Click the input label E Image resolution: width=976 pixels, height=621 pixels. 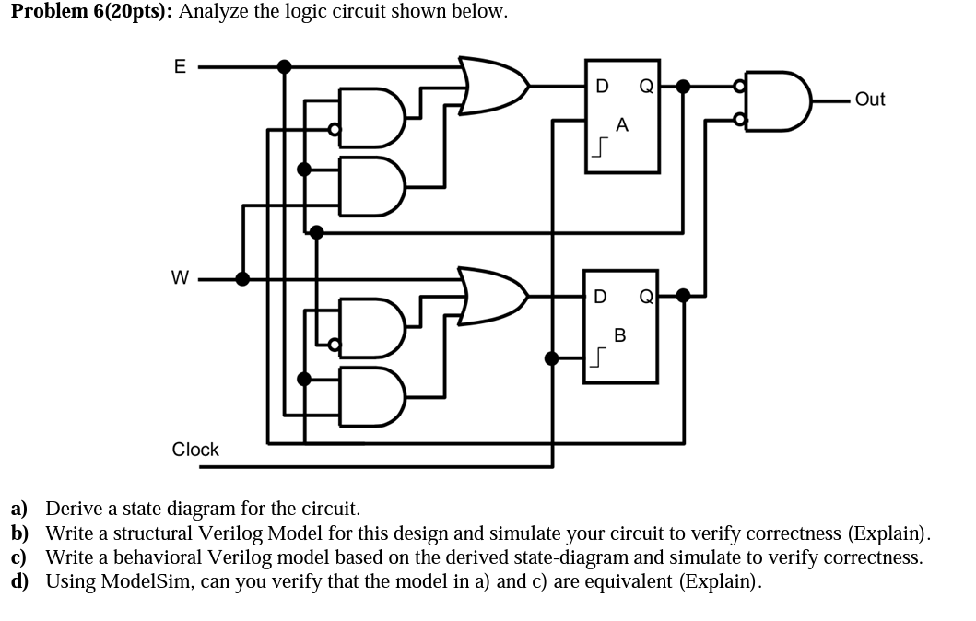(180, 66)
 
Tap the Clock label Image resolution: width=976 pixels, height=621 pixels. (195, 450)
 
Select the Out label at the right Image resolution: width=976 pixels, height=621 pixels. (869, 100)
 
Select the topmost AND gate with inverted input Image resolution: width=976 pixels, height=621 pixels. (371, 117)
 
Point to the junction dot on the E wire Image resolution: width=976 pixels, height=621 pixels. (285, 66)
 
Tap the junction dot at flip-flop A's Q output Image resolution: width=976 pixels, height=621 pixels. (682, 87)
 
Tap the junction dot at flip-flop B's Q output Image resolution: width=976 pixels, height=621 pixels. (682, 296)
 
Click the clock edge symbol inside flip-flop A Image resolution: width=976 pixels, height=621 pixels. (601, 147)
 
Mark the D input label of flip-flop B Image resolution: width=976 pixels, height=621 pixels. (600, 297)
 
